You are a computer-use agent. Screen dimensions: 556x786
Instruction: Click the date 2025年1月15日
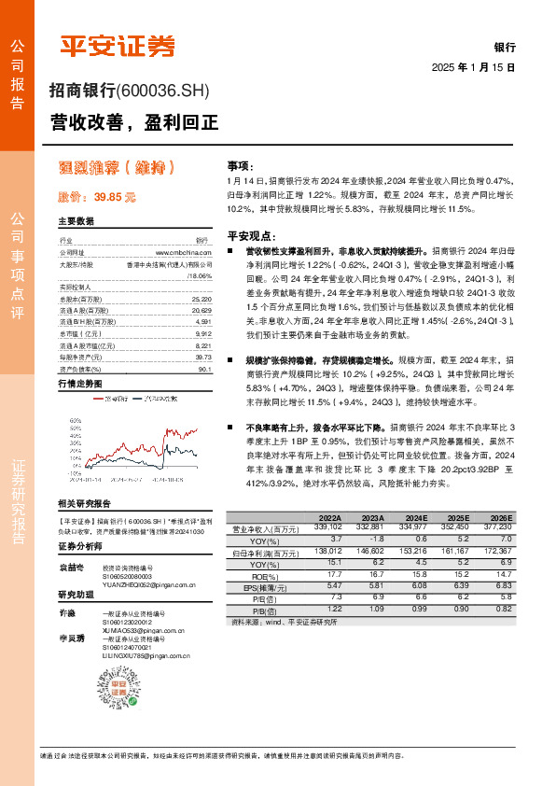pos(473,67)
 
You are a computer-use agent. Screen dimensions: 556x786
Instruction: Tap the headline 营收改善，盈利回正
pos(133,121)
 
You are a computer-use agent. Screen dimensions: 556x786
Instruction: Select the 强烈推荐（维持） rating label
pos(117,168)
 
